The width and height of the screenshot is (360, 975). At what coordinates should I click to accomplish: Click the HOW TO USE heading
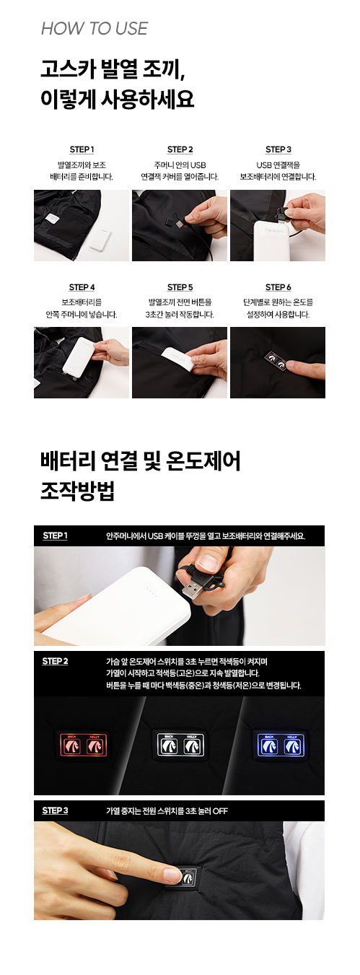[x=95, y=29]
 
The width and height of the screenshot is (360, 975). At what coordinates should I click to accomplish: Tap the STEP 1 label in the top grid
[x=82, y=149]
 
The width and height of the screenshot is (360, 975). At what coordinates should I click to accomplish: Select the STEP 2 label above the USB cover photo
[x=180, y=149]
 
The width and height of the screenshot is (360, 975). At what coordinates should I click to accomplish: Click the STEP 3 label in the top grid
[x=278, y=149]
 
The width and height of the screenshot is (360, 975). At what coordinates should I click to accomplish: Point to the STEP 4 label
[x=82, y=287]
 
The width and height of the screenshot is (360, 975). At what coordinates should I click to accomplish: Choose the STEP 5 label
[x=180, y=287]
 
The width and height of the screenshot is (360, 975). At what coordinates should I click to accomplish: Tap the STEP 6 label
[x=278, y=287]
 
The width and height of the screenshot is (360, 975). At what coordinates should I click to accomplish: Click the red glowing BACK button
[x=72, y=746]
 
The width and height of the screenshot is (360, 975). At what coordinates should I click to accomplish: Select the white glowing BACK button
[x=169, y=746]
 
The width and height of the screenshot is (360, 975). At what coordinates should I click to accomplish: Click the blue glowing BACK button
[x=269, y=746]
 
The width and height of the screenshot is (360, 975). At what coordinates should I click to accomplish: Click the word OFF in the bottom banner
[x=220, y=811]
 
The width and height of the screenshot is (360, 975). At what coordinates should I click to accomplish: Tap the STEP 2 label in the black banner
[x=55, y=661]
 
